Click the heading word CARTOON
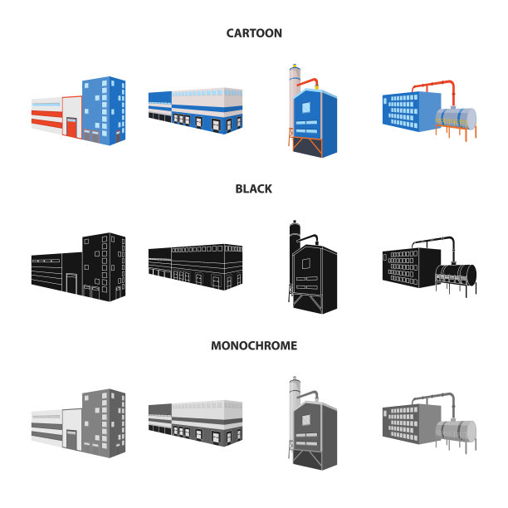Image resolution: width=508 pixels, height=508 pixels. click(x=254, y=33)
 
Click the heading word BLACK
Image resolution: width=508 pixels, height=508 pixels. click(x=254, y=188)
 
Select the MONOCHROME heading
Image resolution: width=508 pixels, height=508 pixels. click(x=254, y=345)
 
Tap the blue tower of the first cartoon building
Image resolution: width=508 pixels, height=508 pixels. click(x=104, y=108)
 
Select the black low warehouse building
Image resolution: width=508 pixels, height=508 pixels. click(x=196, y=266)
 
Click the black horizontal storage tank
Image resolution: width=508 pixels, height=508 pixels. click(x=457, y=274)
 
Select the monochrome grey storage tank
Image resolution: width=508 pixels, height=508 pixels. click(x=457, y=430)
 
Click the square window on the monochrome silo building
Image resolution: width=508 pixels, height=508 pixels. click(x=308, y=422)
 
